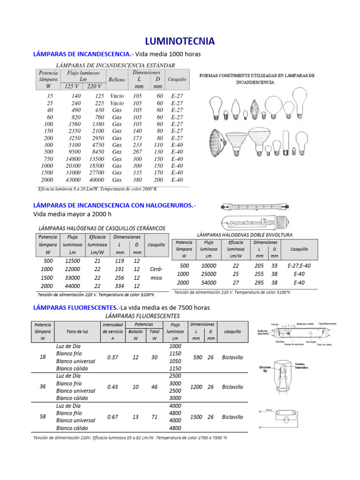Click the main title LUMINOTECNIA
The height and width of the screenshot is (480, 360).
pos(180,41)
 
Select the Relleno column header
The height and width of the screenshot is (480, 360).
pos(117,80)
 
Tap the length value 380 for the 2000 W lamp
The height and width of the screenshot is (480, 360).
pos(137,180)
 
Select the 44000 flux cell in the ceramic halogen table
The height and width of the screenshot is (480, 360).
pos(72,286)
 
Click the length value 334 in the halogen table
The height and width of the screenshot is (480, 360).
pos(120,286)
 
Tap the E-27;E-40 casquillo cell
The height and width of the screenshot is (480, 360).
pos(299,265)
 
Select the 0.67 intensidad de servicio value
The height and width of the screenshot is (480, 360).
pos(112,417)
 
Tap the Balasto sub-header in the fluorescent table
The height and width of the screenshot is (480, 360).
pos(135,331)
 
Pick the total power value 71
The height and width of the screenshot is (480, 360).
pos(154,417)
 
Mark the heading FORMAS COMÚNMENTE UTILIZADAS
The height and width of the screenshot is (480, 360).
pos(257,78)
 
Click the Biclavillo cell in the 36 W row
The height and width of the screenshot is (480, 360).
pos(232,387)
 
